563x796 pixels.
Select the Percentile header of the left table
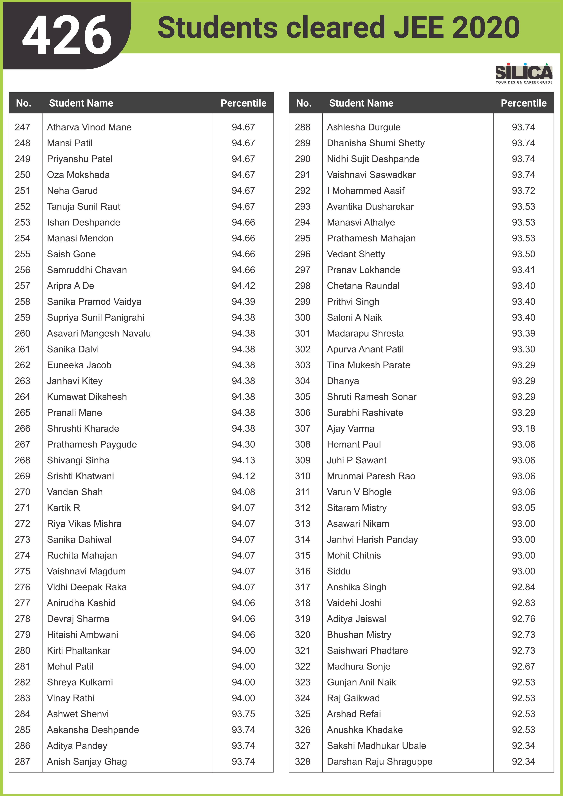(243, 103)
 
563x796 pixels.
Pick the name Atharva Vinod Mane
(89, 127)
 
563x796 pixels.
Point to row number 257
(22, 286)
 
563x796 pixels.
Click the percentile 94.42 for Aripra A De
(243, 286)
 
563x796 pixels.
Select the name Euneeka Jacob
(79, 365)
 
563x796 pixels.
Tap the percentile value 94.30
(243, 444)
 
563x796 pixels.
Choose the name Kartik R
(63, 508)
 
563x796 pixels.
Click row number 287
(22, 762)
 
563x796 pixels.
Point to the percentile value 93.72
(524, 191)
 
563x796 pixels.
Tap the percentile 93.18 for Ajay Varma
(524, 429)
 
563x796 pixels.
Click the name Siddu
(339, 571)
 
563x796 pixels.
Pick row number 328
(303, 762)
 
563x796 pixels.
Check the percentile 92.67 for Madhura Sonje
(524, 666)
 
